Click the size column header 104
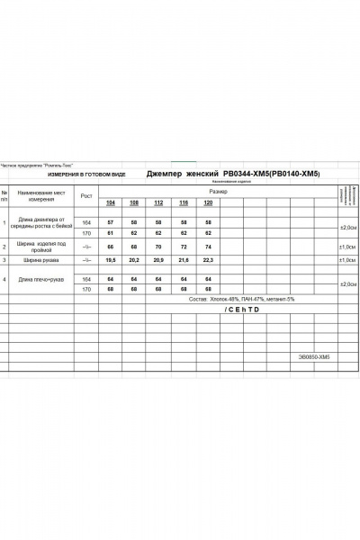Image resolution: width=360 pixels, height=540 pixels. tap(111, 203)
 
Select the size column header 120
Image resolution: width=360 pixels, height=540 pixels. tap(210, 203)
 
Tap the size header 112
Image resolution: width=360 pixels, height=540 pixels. tap(160, 203)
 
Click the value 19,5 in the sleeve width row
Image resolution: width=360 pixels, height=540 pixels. tap(111, 260)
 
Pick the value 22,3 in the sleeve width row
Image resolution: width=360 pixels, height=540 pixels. tap(210, 260)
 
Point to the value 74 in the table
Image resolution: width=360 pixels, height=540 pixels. tap(210, 246)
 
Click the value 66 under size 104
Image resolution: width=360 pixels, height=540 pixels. tap(111, 246)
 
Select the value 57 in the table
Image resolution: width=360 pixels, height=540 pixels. tap(111, 221)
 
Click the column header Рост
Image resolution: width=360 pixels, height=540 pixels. tap(87, 195)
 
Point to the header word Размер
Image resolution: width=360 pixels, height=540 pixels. tap(219, 192)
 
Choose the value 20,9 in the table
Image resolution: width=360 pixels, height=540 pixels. tap(160, 260)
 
